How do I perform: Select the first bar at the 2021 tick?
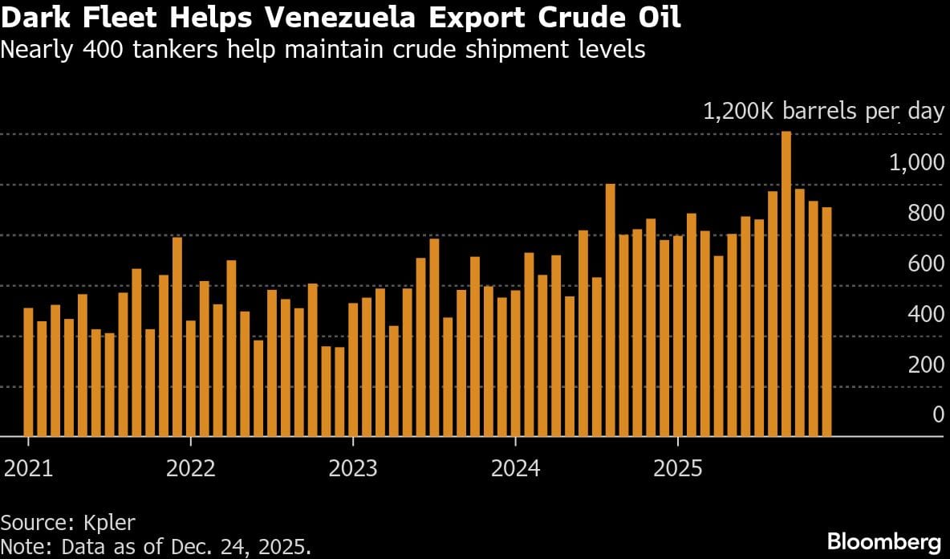28,371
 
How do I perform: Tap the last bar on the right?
826,321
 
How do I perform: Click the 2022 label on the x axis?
191,467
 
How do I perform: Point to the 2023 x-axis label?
353,467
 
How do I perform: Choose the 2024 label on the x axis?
515,467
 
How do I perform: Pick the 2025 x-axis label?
678,467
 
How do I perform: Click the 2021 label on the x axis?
29,467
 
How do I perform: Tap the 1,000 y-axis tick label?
916,163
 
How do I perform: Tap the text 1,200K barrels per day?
823,112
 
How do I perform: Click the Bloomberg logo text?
884,539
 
